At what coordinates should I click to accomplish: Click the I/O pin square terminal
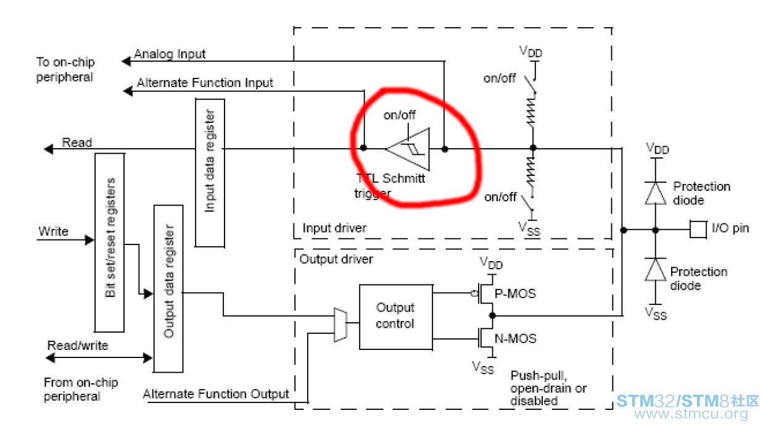[x=698, y=230]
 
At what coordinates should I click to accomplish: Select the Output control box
[x=396, y=317]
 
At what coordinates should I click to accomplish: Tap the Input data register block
[x=210, y=173]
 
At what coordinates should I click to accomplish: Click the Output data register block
[x=168, y=289]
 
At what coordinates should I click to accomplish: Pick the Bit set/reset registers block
[x=109, y=243]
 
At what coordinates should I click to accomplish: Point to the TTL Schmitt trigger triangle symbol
[x=408, y=149]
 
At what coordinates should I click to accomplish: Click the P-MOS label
[x=515, y=293]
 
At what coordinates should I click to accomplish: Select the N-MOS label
[x=516, y=338]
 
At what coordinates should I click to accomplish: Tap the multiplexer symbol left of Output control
[x=340, y=325]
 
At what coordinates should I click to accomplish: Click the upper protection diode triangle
[x=655, y=193]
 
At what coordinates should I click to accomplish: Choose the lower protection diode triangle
[x=655, y=270]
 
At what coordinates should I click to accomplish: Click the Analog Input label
[x=170, y=54]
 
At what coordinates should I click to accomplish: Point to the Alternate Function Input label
[x=205, y=83]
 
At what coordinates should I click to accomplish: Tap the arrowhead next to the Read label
[x=49, y=149]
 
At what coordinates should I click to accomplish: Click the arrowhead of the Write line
[x=89, y=240]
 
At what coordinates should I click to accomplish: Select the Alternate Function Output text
[x=216, y=394]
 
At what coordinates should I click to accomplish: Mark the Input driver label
[x=334, y=228]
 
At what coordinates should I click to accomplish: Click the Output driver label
[x=336, y=259]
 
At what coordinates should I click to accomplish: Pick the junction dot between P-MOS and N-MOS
[x=492, y=315]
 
